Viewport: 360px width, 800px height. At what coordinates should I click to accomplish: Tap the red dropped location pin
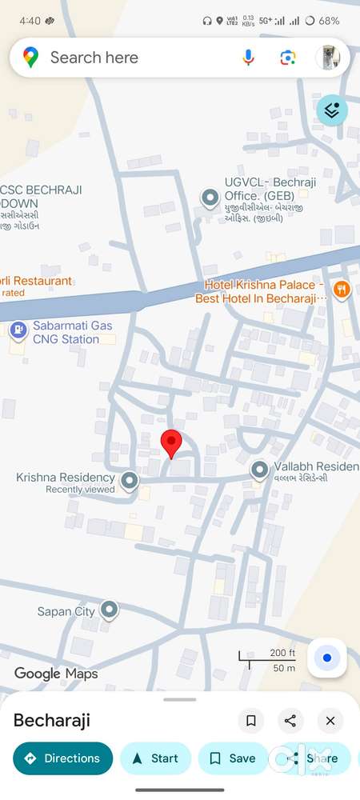[171, 442]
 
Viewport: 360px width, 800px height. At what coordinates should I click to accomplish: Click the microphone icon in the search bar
[248, 58]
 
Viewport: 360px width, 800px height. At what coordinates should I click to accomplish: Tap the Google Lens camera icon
[288, 58]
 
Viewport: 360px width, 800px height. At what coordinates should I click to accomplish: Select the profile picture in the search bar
[328, 58]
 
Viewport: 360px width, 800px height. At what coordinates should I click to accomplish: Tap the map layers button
[332, 110]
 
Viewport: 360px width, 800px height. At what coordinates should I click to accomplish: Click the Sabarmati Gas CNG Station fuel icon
[18, 330]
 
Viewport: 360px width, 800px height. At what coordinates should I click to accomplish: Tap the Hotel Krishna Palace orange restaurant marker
[342, 290]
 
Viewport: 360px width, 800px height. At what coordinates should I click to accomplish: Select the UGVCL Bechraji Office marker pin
[210, 197]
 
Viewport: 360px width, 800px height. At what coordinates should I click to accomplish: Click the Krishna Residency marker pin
[130, 481]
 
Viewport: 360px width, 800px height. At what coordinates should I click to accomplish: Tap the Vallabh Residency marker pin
[259, 470]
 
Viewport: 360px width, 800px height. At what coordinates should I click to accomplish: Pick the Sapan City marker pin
[109, 611]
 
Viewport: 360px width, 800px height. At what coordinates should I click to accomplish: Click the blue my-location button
[326, 658]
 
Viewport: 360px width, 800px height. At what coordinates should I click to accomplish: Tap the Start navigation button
[155, 758]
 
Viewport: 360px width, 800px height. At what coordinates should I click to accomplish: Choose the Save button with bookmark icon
[232, 758]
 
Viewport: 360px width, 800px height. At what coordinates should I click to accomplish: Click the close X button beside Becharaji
[330, 721]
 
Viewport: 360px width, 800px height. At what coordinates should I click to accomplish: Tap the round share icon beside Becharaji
[290, 721]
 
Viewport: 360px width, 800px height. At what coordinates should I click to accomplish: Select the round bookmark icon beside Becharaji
[250, 721]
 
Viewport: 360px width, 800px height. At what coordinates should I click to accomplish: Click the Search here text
[94, 58]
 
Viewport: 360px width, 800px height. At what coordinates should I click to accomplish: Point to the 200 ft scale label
[282, 653]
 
